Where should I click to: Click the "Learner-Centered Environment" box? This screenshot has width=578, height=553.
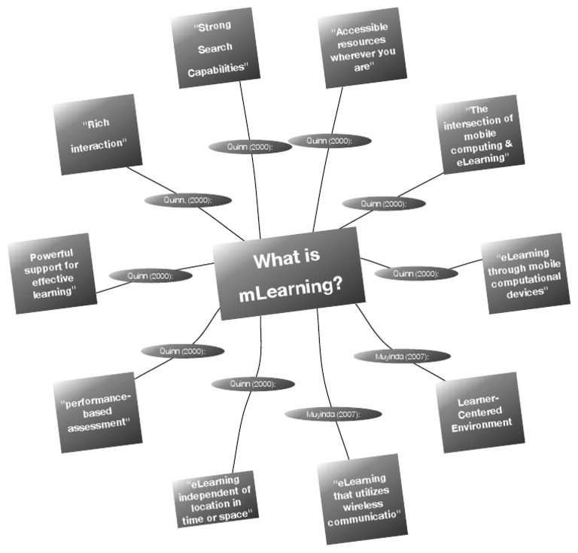click(x=480, y=412)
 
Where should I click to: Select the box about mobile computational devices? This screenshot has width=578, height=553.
click(x=524, y=272)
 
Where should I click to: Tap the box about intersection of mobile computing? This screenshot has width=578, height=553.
click(x=477, y=134)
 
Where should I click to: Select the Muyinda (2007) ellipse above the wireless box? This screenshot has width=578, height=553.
click(x=333, y=414)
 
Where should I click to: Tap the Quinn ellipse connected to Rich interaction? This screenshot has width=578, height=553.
click(x=187, y=200)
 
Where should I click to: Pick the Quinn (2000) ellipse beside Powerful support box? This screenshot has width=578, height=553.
click(x=151, y=276)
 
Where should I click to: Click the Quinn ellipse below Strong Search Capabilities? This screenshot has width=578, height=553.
click(x=250, y=147)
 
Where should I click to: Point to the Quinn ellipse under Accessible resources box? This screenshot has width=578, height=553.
click(x=330, y=140)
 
